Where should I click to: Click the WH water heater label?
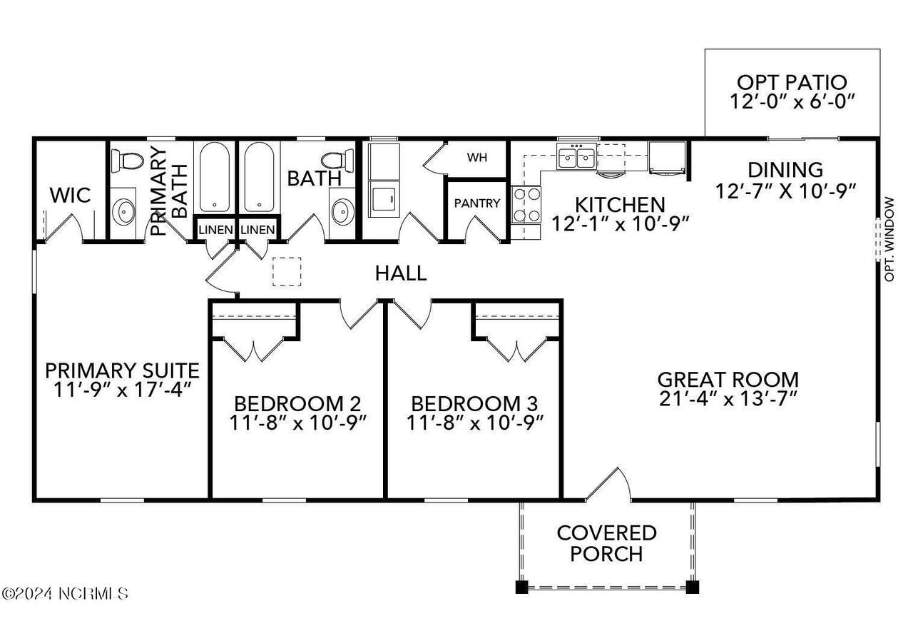(477, 158)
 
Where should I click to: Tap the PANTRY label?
(477, 203)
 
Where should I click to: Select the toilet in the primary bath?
(127, 161)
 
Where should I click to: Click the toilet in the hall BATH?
(337, 161)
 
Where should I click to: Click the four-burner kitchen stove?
(526, 205)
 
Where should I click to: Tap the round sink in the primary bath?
(123, 212)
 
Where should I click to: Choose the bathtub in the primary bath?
(215, 177)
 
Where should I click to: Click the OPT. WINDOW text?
(889, 240)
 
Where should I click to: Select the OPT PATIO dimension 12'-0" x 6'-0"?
(792, 101)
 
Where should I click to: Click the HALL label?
(401, 273)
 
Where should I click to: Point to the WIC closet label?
(70, 195)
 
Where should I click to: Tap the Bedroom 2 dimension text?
(298, 423)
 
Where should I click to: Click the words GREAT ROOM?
(728, 380)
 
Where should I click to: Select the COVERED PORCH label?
(606, 543)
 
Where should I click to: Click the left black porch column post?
(521, 587)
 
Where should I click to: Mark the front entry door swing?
(608, 485)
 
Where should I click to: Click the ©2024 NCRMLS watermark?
(64, 594)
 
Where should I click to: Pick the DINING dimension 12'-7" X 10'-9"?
(785, 191)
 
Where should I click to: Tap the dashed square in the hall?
(287, 272)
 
